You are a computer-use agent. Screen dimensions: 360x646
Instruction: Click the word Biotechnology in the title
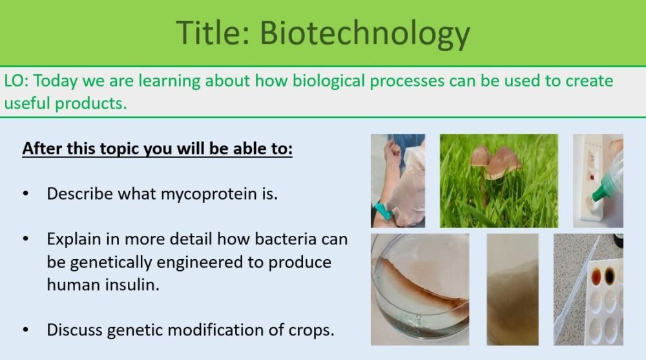click(x=364, y=33)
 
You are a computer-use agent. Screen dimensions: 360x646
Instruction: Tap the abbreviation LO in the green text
click(x=15, y=81)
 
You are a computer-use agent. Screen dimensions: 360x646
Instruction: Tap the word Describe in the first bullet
click(x=79, y=193)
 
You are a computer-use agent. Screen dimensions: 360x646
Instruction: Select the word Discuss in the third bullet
click(x=74, y=330)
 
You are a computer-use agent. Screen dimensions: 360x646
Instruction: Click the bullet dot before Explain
click(x=26, y=239)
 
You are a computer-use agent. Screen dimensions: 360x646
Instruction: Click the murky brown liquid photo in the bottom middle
click(x=512, y=290)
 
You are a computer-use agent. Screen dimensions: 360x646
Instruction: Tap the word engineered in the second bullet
click(x=219, y=262)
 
